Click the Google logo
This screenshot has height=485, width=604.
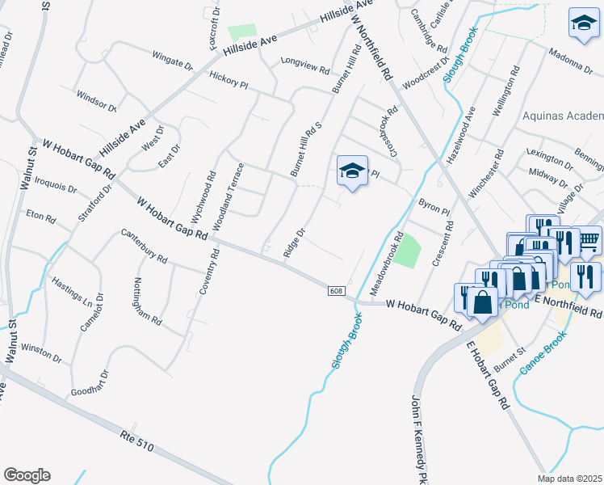(27, 475)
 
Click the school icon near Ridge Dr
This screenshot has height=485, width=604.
(352, 171)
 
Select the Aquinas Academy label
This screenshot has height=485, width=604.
(563, 116)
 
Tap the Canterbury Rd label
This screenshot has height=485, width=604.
(144, 247)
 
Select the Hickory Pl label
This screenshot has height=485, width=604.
(230, 78)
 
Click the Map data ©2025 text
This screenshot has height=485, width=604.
(568, 479)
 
